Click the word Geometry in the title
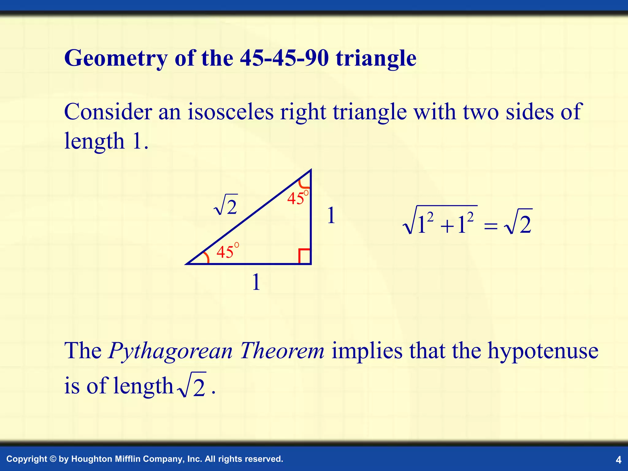click(x=116, y=58)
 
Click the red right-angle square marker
click(x=304, y=256)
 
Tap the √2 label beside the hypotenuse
click(x=226, y=205)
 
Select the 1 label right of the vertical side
click(x=331, y=215)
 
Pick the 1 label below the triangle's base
click(x=256, y=282)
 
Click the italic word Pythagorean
click(x=170, y=350)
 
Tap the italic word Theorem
click(x=282, y=350)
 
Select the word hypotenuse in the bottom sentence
click(x=543, y=350)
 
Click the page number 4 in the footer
click(x=618, y=460)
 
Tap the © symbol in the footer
click(x=53, y=459)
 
